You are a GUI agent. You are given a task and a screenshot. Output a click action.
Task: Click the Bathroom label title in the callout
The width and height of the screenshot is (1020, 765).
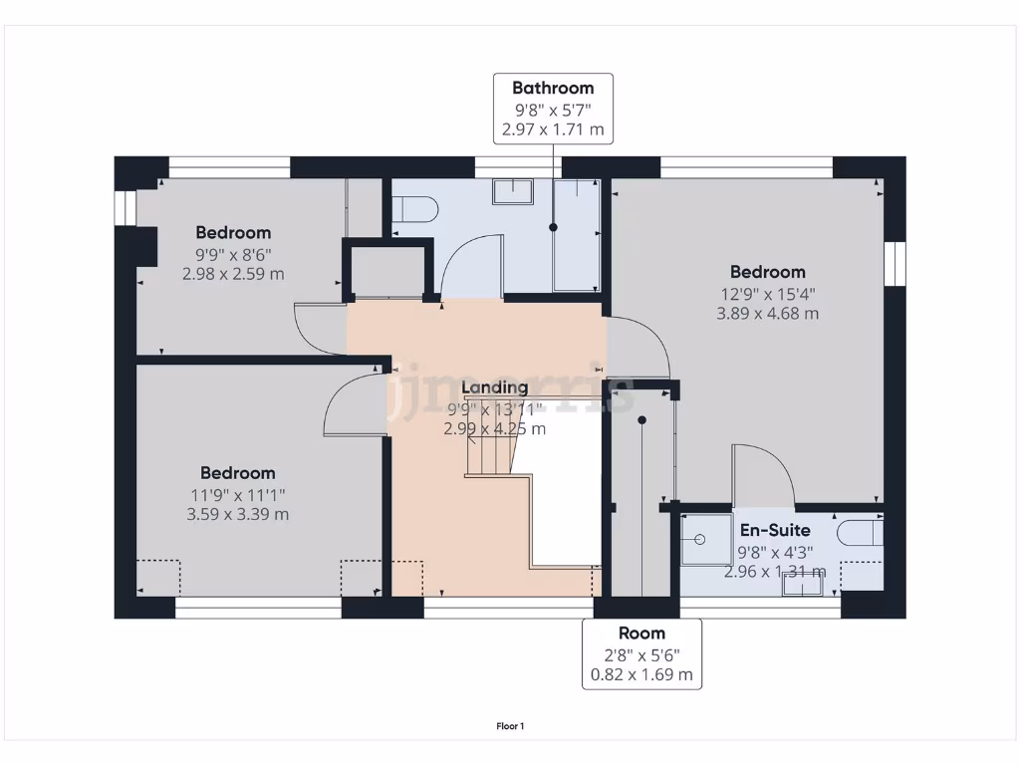coord(553,88)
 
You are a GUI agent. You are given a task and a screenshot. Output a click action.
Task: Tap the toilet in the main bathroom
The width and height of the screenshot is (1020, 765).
coord(414,209)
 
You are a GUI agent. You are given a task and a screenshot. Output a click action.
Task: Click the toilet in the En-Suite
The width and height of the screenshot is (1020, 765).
coord(859,534)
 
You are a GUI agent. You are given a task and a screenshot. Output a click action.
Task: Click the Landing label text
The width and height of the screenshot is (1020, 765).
coord(495,387)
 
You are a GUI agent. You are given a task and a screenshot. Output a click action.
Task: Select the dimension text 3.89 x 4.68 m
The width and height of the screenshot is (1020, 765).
coord(767,314)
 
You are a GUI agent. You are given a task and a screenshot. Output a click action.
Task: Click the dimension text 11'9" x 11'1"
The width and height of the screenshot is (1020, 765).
coord(237,494)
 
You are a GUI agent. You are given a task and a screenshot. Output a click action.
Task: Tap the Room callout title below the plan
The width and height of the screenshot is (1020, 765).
coord(641,634)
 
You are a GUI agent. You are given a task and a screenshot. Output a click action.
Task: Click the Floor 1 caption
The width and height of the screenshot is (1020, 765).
coord(510,726)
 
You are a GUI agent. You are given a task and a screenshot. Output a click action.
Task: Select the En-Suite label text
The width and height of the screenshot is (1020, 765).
coord(774,530)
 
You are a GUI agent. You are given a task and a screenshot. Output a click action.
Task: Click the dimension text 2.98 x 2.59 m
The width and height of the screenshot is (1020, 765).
coord(233,274)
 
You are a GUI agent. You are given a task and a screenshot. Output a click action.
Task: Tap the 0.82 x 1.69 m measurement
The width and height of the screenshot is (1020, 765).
coord(641,675)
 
